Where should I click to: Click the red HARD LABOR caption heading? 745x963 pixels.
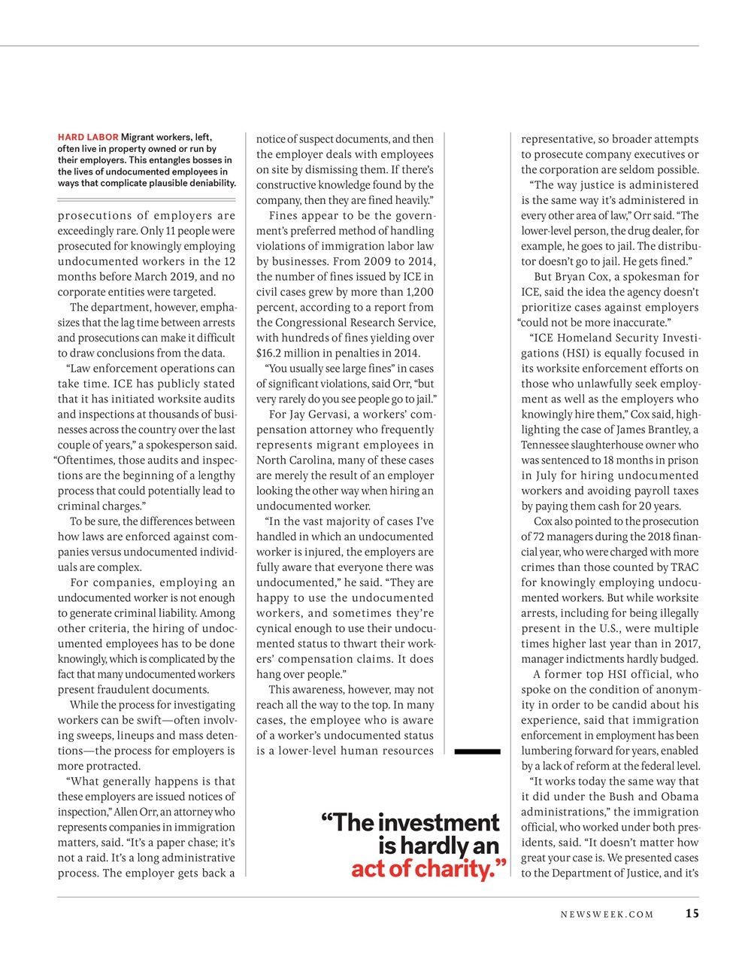pyautogui.click(x=88, y=137)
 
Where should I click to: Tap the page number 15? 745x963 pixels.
pyautogui.click(x=692, y=914)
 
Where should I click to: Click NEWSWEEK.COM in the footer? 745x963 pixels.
pyautogui.click(x=607, y=915)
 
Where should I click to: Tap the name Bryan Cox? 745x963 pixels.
pyautogui.click(x=584, y=277)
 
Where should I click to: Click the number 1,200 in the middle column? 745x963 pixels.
pyautogui.click(x=419, y=292)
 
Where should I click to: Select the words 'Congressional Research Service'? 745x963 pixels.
pyautogui.click(x=350, y=323)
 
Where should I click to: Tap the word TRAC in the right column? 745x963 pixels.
pyautogui.click(x=685, y=567)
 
